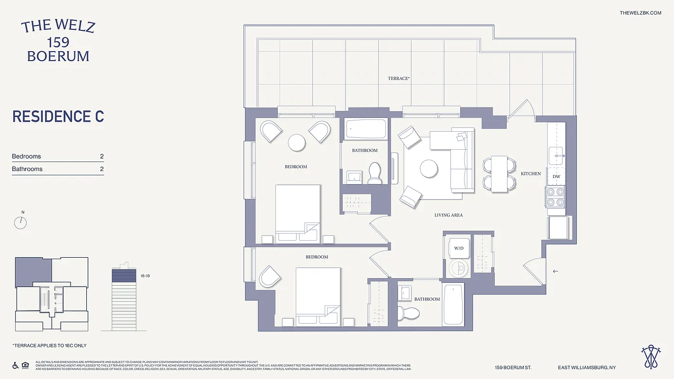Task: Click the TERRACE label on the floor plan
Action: tap(398, 78)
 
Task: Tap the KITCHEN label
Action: tap(530, 174)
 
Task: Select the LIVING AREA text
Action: tap(448, 215)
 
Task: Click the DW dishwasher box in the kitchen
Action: tap(556, 176)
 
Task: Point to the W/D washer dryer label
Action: tap(458, 248)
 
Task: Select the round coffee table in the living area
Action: tap(428, 169)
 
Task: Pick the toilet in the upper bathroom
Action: tap(375, 173)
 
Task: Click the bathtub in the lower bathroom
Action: tap(453, 304)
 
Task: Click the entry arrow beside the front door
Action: tap(556, 271)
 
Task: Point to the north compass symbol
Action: tap(20, 222)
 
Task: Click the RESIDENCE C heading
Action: tap(58, 117)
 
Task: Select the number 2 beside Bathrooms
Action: tap(101, 169)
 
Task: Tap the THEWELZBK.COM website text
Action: tap(640, 13)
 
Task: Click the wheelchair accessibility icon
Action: tap(15, 365)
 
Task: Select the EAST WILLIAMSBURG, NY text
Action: tap(587, 368)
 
